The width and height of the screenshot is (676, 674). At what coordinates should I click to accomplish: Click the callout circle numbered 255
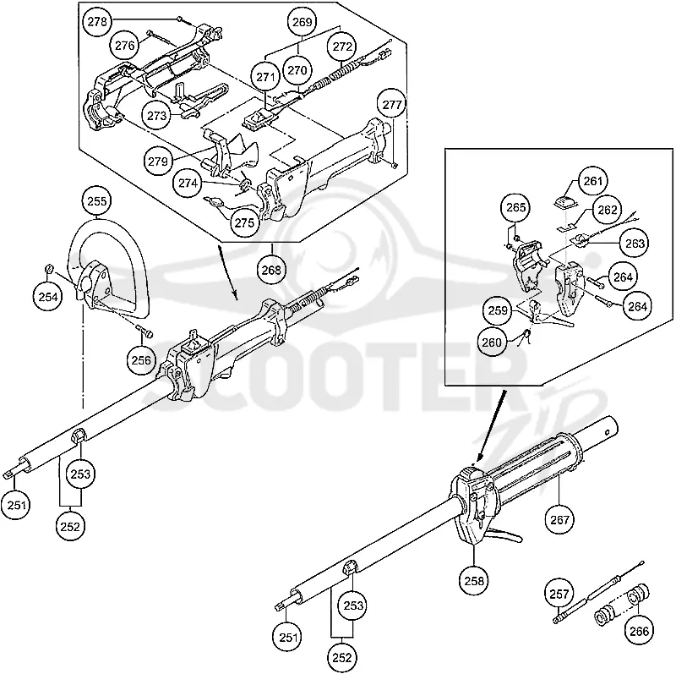click(x=97, y=201)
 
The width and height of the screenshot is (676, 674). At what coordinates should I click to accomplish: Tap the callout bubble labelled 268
click(x=271, y=270)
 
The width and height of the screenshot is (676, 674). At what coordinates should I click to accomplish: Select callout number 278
click(x=97, y=22)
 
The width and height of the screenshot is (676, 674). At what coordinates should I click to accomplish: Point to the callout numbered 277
click(x=392, y=105)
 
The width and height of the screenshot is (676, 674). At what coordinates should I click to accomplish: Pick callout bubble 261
click(x=593, y=181)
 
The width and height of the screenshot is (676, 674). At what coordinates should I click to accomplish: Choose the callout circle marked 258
click(x=474, y=581)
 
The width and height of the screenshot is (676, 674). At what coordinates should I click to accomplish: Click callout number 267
click(x=559, y=519)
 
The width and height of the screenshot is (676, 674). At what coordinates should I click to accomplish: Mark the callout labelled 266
click(x=639, y=631)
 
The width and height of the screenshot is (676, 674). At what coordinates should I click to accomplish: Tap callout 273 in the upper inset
click(x=156, y=115)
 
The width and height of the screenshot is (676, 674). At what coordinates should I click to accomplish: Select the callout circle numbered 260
click(x=492, y=342)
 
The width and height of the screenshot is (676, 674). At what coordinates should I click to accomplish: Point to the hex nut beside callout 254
click(x=49, y=269)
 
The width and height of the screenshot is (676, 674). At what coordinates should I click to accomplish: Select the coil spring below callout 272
click(x=341, y=74)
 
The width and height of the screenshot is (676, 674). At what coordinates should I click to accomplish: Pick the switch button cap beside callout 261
click(x=564, y=202)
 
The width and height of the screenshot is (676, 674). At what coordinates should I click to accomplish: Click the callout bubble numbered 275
click(x=244, y=222)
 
